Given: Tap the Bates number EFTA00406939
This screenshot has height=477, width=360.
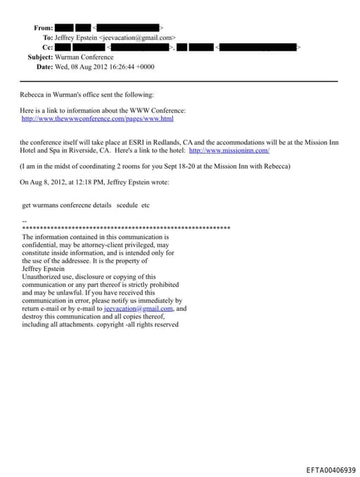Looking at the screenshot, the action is point(330,469).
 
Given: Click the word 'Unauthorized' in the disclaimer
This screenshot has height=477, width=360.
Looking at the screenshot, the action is point(41,277).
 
